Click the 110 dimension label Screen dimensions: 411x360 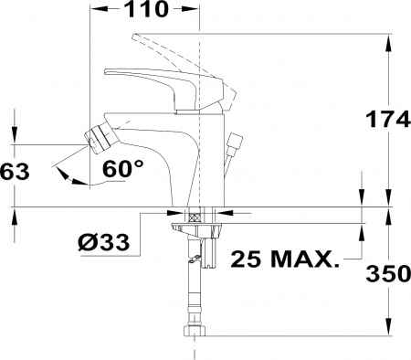pos(146,8)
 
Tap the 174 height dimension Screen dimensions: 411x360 pos(388,119)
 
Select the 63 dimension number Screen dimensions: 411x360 pos(15,172)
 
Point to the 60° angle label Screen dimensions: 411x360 pos(122,168)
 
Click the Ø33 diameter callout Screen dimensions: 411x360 pos(103,243)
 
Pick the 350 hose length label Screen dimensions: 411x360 pos(388,273)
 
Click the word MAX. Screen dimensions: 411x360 pos(304,259)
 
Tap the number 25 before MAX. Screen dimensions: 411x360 pos(246,259)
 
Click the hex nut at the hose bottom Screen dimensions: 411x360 pos(195,331)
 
